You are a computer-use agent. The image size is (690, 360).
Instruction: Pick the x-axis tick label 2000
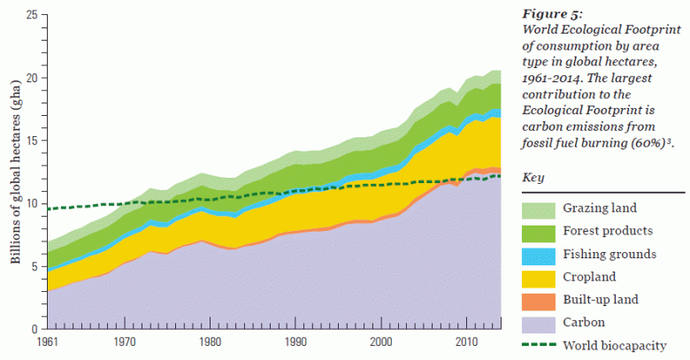tap(381, 341)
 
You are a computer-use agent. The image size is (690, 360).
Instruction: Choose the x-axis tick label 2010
tap(467, 341)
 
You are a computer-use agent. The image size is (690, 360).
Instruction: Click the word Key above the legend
tap(533, 177)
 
